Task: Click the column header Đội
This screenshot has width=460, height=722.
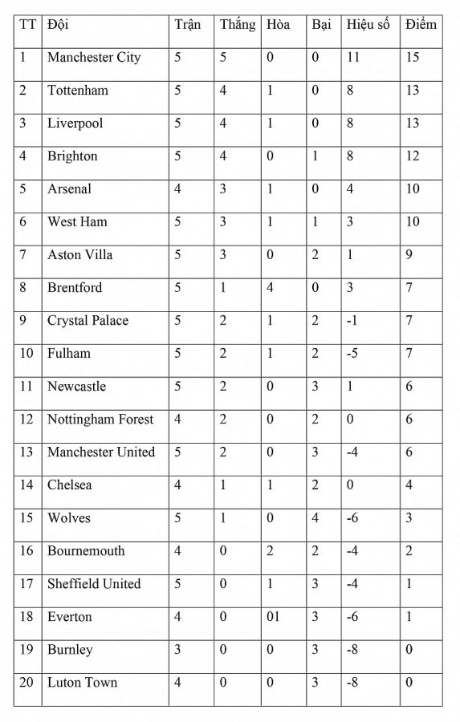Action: tap(58, 25)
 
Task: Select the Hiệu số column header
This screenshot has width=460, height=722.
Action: tap(368, 25)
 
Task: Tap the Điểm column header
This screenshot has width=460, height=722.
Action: tap(421, 25)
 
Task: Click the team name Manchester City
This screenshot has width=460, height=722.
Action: tap(94, 58)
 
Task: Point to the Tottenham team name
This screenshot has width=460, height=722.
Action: tap(77, 91)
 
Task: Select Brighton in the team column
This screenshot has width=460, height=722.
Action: tap(72, 156)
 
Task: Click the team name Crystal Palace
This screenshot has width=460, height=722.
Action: tap(88, 321)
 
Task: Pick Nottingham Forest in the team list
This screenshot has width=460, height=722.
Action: tap(100, 420)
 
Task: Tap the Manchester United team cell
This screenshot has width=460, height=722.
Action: tap(101, 452)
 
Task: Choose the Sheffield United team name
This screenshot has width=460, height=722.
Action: tap(94, 584)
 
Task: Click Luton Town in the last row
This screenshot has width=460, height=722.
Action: tap(82, 683)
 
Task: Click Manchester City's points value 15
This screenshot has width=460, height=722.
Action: tap(413, 58)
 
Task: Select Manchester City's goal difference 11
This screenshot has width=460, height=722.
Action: tap(353, 58)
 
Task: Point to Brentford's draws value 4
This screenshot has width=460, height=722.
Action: tap(271, 288)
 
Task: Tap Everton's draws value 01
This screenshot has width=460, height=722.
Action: tap(273, 617)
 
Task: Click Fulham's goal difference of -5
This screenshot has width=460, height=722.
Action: tap(353, 354)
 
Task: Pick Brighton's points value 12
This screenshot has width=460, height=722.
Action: tap(413, 156)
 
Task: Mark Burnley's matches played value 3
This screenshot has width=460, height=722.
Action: tap(178, 650)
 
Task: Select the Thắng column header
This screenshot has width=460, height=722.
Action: tap(238, 25)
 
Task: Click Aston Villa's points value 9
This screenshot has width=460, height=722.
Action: tap(409, 255)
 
